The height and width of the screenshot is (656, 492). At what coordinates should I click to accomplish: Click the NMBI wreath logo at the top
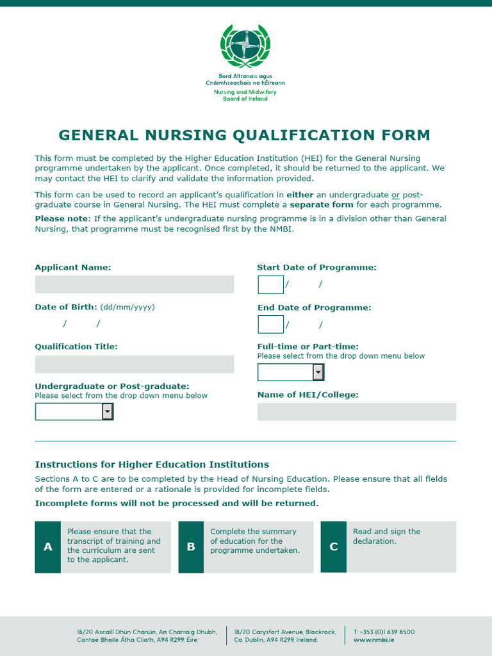tap(245, 46)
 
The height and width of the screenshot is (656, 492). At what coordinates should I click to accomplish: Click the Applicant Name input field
tap(135, 284)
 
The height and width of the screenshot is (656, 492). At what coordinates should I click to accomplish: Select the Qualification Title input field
tap(135, 365)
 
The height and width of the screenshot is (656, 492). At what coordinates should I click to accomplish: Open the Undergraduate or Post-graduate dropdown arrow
tap(108, 411)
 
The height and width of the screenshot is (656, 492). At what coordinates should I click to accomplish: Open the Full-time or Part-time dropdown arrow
tap(318, 372)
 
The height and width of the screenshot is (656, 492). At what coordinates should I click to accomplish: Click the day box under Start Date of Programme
tap(270, 284)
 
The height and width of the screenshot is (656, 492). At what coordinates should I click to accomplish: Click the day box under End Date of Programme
tap(270, 324)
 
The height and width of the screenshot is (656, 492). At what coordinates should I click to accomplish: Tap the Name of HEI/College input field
tap(357, 412)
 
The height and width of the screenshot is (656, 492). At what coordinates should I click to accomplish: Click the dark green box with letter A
tap(48, 547)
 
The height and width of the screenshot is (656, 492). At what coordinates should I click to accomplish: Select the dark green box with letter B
tap(191, 547)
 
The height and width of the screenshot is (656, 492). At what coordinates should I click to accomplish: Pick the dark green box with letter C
tap(333, 547)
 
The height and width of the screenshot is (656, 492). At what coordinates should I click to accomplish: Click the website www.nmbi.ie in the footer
tap(373, 639)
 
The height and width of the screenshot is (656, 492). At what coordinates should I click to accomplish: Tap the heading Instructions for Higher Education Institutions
tap(152, 464)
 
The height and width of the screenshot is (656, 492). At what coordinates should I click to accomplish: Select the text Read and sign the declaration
tap(386, 536)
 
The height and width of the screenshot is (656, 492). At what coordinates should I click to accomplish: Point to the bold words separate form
tap(321, 205)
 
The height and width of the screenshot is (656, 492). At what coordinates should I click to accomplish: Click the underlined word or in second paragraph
tap(395, 195)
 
